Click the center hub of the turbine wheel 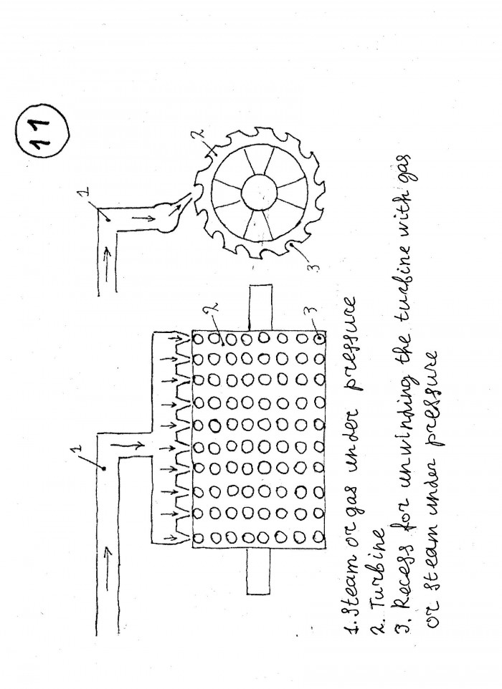260,193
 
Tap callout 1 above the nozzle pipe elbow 86,191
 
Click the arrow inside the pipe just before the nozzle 144,216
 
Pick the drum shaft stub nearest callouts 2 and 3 260,307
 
